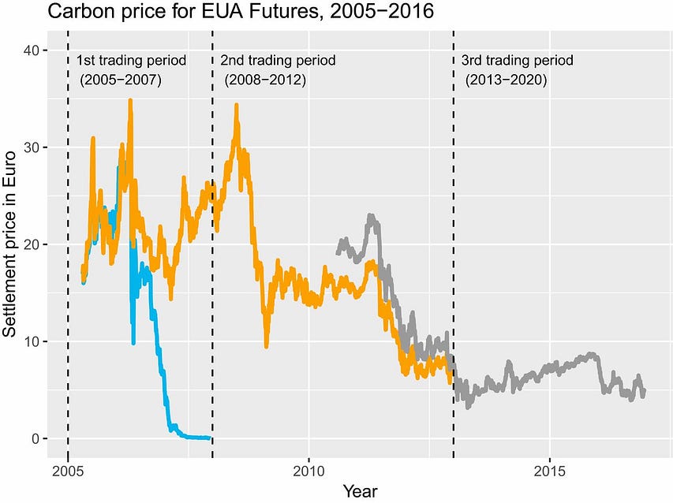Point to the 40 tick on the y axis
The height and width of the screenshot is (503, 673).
31,50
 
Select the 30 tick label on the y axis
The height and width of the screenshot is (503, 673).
31,147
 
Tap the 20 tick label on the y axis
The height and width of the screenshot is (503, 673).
31,244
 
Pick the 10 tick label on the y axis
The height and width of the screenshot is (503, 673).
31,341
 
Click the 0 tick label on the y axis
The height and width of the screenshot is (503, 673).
34,438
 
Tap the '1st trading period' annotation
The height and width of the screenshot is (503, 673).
131,61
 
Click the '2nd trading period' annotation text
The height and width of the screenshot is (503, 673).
277,61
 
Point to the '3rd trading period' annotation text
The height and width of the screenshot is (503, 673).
517,61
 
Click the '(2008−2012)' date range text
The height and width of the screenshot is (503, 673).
265,80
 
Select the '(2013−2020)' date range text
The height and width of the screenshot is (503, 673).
506,80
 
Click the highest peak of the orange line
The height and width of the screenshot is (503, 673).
130,100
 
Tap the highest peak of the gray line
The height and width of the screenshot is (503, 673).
371,215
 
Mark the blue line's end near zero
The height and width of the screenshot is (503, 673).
209,438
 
